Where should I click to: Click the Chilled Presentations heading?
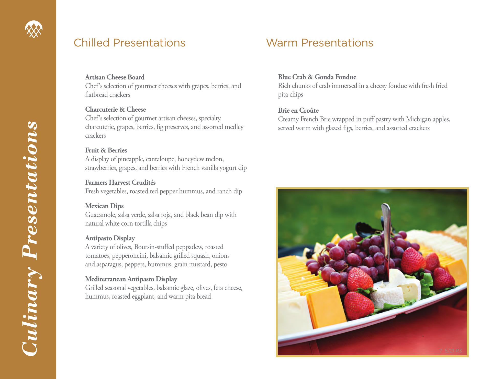[x=129, y=43]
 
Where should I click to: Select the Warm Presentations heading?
[x=320, y=43]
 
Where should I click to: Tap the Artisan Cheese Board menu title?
[x=115, y=77]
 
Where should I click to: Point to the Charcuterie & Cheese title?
[x=116, y=109]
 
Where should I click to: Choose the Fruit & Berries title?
[x=106, y=150]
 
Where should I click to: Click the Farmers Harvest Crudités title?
[x=120, y=182]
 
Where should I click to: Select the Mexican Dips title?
[x=104, y=206]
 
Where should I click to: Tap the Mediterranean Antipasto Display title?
[x=131, y=279]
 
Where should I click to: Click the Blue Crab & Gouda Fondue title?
[x=317, y=77]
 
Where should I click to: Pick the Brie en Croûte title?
[x=298, y=110]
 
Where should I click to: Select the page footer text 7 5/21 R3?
[x=451, y=351]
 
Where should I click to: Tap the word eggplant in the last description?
[x=141, y=297]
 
